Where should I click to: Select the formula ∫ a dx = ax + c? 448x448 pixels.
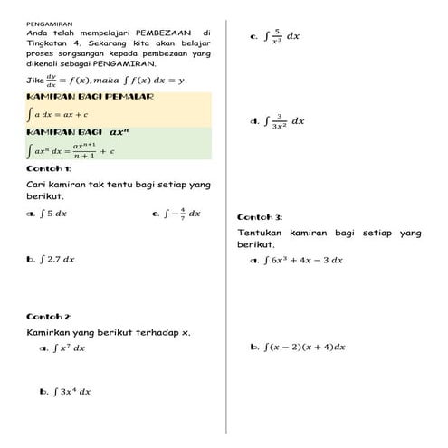(58, 115)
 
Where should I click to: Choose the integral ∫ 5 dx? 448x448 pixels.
(54, 214)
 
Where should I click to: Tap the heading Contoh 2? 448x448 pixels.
(50, 316)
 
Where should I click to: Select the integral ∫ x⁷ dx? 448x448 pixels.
(69, 347)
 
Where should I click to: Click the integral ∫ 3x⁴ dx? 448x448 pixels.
(71, 392)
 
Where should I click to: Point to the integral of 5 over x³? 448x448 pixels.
(281, 36)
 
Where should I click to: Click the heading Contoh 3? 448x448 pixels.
(260, 217)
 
